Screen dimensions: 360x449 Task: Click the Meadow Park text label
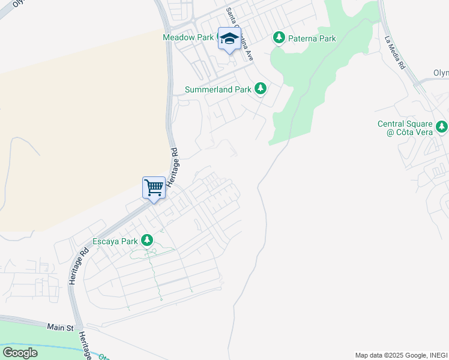point(188,37)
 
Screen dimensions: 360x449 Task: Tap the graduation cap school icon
point(229,39)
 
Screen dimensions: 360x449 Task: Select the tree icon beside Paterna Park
point(279,38)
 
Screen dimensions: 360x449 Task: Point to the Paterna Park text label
point(312,38)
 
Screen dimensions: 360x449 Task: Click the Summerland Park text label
point(218,89)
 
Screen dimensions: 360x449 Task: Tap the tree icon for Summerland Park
point(260,89)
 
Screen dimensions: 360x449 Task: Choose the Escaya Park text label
point(115,242)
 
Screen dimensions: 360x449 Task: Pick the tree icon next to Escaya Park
point(147,241)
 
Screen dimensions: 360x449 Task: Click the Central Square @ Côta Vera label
point(405,128)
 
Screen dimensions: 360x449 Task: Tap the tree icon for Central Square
point(442,127)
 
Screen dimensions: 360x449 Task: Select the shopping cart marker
point(154,187)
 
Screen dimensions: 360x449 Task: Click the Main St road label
point(60,328)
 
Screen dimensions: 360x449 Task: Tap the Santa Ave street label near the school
point(240,34)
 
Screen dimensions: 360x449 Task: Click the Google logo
point(20,352)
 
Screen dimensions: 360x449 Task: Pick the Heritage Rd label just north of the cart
point(174,166)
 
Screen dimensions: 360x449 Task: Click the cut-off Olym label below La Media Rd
point(441,73)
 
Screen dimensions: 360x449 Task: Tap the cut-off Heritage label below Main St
point(86,346)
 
